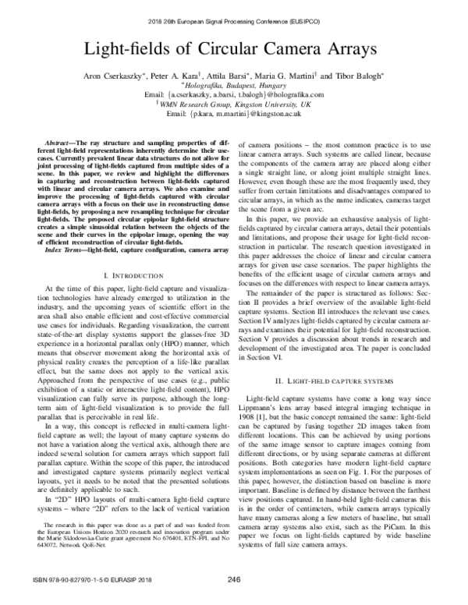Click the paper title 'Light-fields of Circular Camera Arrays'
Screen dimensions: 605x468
pos(234,49)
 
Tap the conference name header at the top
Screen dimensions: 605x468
pos(234,10)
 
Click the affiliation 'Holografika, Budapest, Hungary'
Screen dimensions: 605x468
pos(234,87)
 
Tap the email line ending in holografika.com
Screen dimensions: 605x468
pos(234,95)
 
